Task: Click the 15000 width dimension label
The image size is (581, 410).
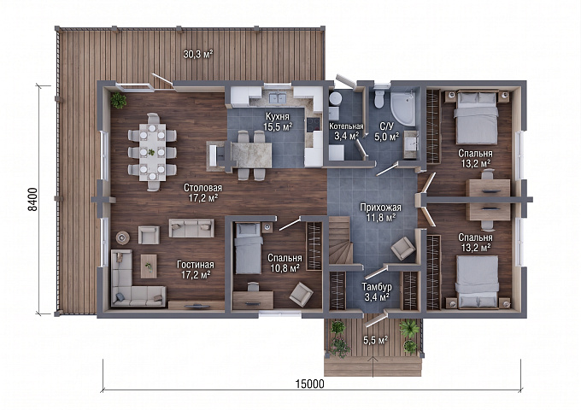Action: pyautogui.click(x=310, y=384)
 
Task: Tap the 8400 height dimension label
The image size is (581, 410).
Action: pyautogui.click(x=32, y=200)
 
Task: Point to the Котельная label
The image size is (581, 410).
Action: pyautogui.click(x=346, y=126)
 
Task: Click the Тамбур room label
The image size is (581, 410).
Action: pyautogui.click(x=377, y=287)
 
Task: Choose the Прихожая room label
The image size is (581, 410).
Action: pyautogui.click(x=380, y=208)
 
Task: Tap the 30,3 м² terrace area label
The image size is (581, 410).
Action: pyautogui.click(x=198, y=55)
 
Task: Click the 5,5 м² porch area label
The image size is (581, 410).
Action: pyautogui.click(x=375, y=340)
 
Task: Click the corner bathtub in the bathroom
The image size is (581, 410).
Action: pyautogui.click(x=404, y=103)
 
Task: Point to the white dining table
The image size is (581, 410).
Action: pyautogui.click(x=152, y=152)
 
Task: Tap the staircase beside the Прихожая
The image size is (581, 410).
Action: pyautogui.click(x=340, y=240)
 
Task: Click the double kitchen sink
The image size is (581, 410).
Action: pyautogui.click(x=274, y=98)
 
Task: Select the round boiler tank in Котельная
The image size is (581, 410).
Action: pyautogui.click(x=335, y=98)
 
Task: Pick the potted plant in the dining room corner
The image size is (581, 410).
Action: pyautogui.click(x=118, y=101)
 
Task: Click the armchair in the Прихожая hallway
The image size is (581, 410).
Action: pyautogui.click(x=403, y=249)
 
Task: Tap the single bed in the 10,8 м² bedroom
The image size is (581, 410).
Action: pyautogui.click(x=248, y=249)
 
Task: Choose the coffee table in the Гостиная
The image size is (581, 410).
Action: pyautogui.click(x=149, y=266)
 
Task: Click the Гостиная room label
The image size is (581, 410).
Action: pyautogui.click(x=196, y=265)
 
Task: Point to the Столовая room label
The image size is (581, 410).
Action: pyautogui.click(x=202, y=188)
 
